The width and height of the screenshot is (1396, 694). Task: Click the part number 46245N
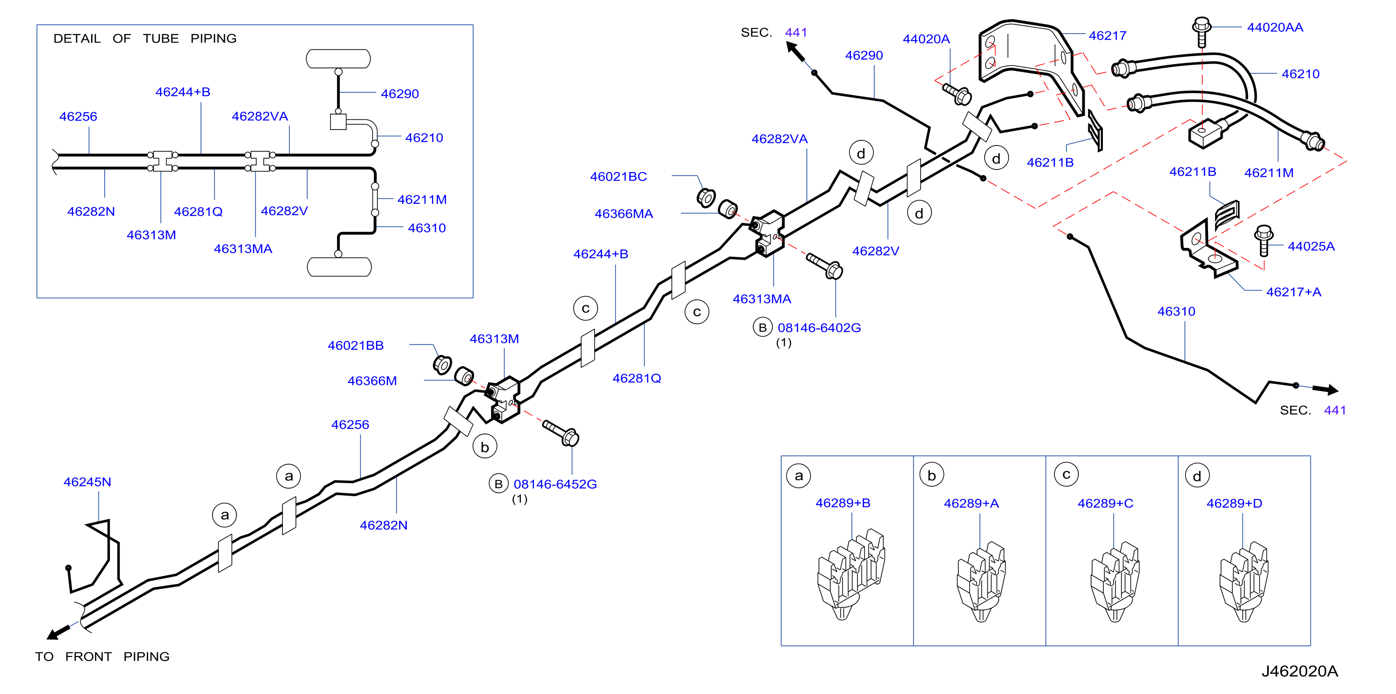click(x=87, y=482)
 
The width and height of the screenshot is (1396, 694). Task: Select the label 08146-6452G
click(x=555, y=484)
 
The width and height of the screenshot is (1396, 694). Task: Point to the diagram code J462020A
click(x=1300, y=671)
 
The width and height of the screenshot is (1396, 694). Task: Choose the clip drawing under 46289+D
click(x=1244, y=581)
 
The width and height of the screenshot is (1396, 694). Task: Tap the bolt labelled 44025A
click(x=1263, y=240)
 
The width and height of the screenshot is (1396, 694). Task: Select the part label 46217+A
click(x=1294, y=292)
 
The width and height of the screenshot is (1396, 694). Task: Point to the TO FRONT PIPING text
click(x=102, y=656)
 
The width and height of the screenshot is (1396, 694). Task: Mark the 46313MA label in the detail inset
click(x=243, y=248)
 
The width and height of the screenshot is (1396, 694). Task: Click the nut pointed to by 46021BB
click(x=442, y=364)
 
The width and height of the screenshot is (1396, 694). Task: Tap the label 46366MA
click(x=624, y=214)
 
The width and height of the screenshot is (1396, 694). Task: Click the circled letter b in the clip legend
click(x=932, y=475)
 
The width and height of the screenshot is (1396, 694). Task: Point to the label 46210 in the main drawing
click(x=1300, y=74)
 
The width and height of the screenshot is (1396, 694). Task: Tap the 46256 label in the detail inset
click(x=78, y=116)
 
